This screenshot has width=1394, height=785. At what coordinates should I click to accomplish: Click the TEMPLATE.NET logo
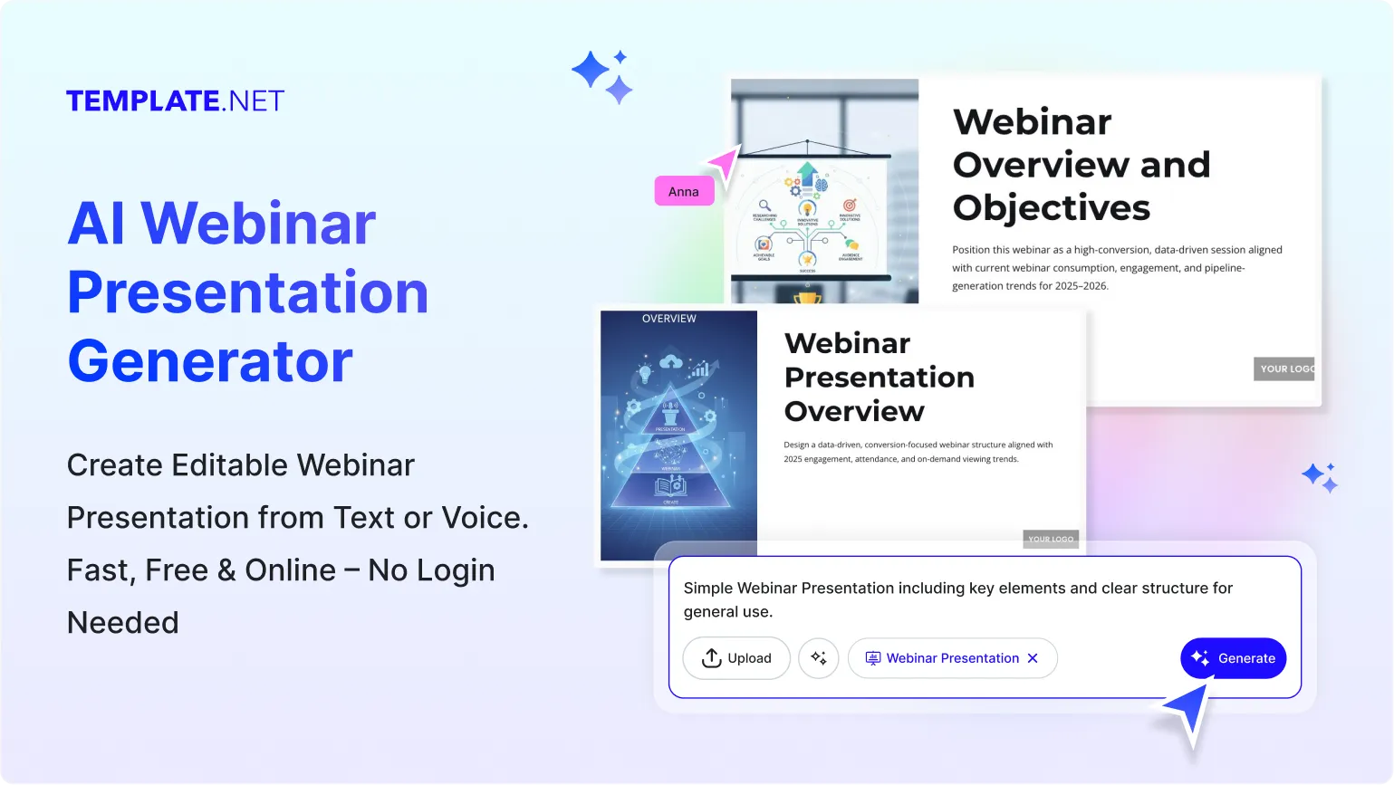point(175,101)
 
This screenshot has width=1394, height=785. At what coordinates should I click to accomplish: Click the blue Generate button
point(1233,658)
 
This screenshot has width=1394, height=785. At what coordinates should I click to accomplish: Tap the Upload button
point(736,658)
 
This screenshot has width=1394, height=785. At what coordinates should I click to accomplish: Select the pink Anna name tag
point(684,191)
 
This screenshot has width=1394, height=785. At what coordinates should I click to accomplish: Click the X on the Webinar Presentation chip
point(1033,658)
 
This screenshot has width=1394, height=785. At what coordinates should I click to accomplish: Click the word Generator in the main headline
point(210,361)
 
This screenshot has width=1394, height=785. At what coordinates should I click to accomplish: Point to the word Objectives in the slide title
point(1051,208)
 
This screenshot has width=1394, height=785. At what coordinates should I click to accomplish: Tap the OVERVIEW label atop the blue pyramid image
point(669,319)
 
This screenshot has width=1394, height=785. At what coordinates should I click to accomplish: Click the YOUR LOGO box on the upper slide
point(1284,369)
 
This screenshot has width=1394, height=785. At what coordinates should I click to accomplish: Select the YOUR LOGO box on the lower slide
point(1051,539)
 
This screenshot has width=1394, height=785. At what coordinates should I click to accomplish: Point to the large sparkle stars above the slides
point(602,75)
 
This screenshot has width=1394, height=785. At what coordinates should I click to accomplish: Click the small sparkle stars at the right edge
point(1320,477)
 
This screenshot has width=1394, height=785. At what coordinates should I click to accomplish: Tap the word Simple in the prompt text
point(707,588)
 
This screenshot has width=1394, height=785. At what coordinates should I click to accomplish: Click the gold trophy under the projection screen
point(807,296)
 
